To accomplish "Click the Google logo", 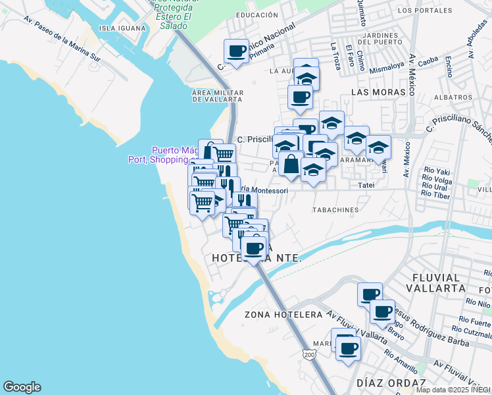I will point(22,387).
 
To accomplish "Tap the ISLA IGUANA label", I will point(120,28).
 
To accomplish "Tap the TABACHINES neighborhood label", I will point(335,211).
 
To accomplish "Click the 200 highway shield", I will point(309,355).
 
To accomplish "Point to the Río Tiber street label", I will point(435,194).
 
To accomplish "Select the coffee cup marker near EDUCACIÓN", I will point(236,50).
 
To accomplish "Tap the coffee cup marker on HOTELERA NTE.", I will point(253,248).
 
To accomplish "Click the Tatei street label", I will point(366,186).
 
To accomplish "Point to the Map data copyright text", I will point(453,390).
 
